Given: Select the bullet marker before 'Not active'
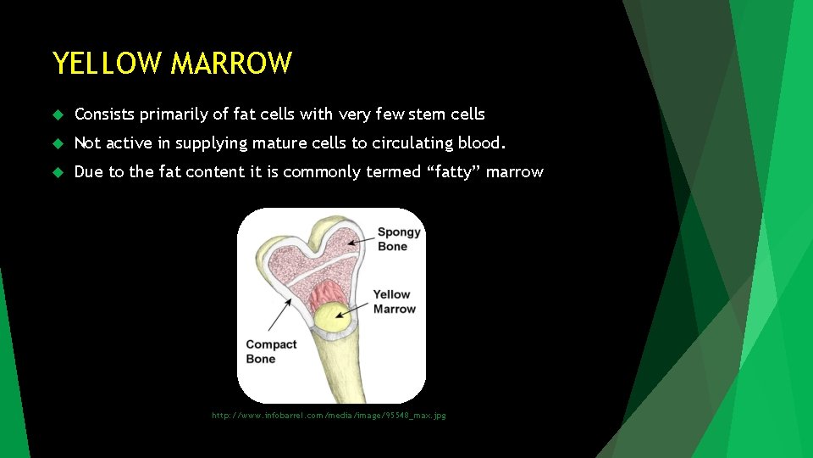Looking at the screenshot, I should click(58, 143).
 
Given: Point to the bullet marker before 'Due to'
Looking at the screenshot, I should click(58, 172).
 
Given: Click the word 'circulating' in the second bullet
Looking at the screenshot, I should click(411, 142).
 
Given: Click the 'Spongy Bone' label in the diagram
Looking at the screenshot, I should click(398, 239).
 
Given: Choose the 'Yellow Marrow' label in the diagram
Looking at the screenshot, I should click(394, 302).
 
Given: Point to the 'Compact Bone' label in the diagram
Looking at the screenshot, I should click(270, 351).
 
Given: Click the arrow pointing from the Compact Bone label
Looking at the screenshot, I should click(280, 314).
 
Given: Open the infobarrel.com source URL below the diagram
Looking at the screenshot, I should click(329, 416).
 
